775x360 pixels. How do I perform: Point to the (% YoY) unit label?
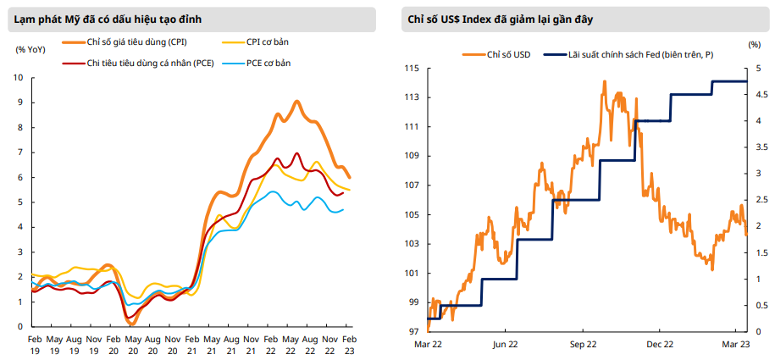30,48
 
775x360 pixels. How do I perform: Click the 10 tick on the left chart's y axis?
20,78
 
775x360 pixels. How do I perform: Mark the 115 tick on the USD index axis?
412,68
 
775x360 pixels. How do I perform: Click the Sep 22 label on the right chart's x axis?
584,345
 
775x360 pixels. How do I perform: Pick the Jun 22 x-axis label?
505,345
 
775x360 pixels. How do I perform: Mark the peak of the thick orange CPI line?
296,102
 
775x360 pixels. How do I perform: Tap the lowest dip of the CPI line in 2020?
131,323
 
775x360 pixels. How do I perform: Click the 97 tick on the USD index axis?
414,331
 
